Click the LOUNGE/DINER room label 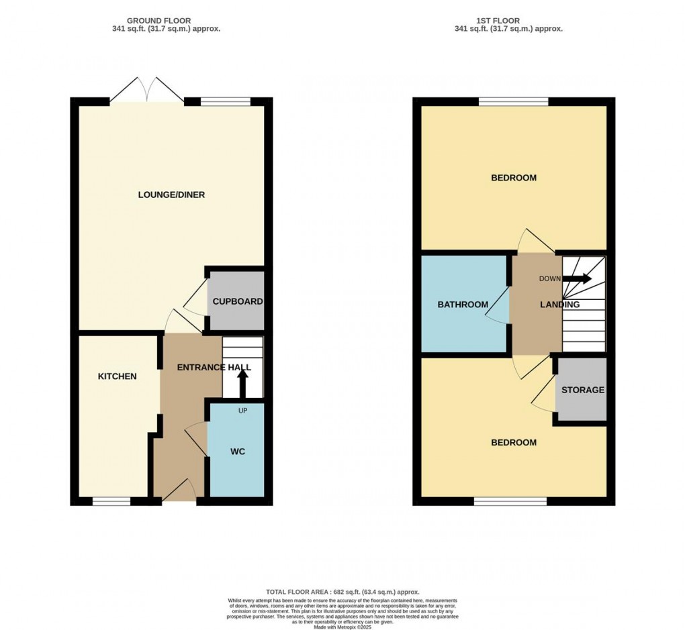[171, 195]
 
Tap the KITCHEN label [117, 376]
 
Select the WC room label [238, 452]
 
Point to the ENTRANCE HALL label [214, 368]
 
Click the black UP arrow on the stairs [242, 384]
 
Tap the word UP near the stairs [243, 411]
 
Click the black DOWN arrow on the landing [577, 278]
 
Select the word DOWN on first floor [550, 278]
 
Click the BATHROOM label [463, 305]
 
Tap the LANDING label [560, 305]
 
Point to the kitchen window [112, 501]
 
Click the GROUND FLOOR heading [159, 21]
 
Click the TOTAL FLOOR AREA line [343, 592]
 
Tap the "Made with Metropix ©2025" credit [342, 627]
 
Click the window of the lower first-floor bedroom [510, 501]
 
